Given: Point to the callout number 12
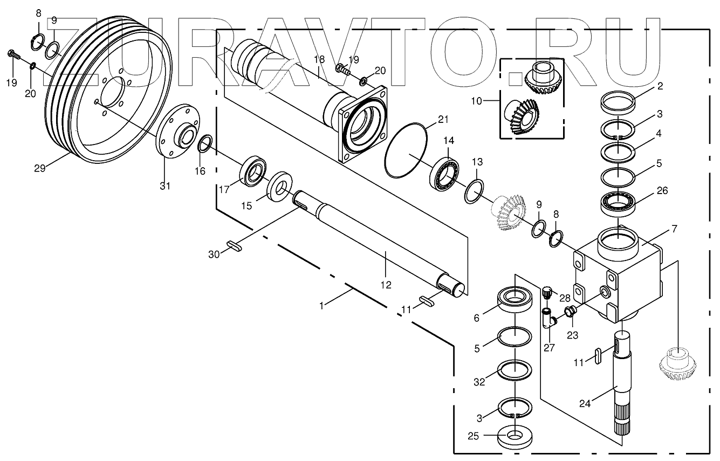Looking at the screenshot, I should pos(386,285).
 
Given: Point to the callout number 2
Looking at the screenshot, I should pos(660,85).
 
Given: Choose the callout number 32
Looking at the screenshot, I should pos(479,381).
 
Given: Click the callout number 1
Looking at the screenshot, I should pos(321,305).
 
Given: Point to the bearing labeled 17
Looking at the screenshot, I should pos(252,172).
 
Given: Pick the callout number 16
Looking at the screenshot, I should pos(200,171).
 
